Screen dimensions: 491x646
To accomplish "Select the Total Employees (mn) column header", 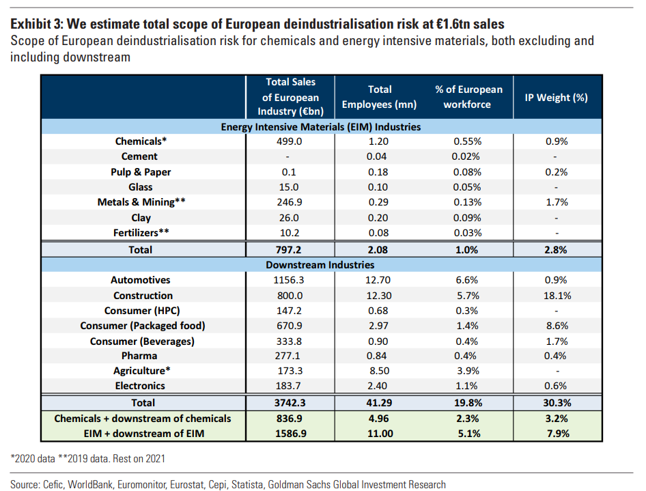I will [x=380, y=97].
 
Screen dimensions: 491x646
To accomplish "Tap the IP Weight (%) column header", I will [x=556, y=97].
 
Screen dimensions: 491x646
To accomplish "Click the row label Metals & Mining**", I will [x=141, y=202].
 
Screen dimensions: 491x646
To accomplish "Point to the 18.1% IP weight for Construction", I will [x=556, y=296].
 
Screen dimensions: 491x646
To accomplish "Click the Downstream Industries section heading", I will [x=320, y=265].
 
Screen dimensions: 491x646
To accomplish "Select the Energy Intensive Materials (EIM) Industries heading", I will [x=320, y=126].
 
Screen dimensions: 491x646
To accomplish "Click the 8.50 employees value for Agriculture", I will [x=380, y=371].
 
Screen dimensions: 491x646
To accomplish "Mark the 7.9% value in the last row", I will [x=556, y=433].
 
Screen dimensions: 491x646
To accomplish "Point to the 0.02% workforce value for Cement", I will [x=468, y=156].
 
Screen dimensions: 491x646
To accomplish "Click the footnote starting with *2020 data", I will [x=87, y=459].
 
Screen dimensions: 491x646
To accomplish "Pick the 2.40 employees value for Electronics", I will [x=380, y=386].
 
